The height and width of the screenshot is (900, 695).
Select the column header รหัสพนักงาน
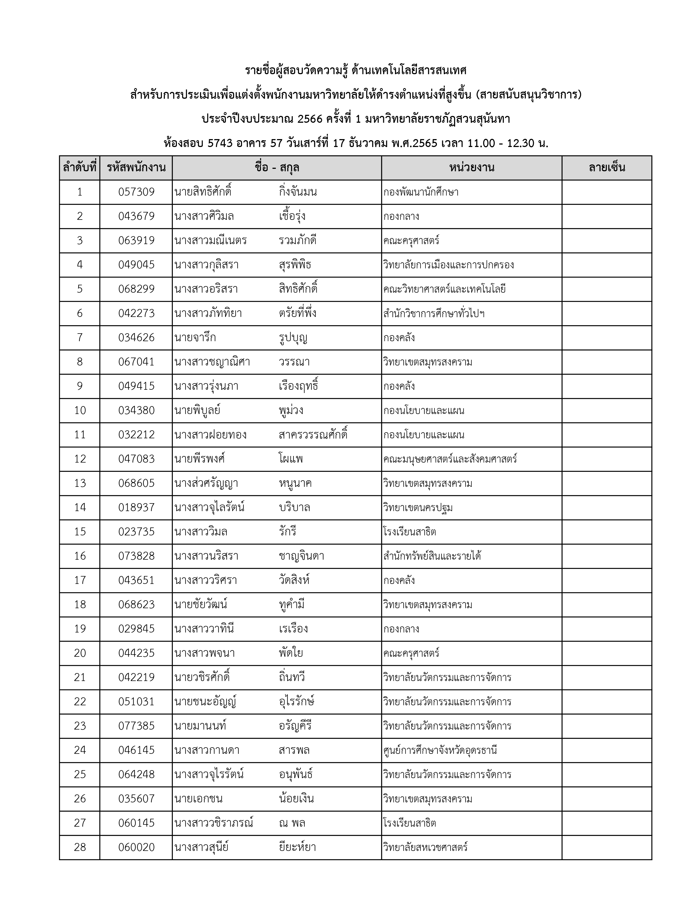pyautogui.click(x=136, y=168)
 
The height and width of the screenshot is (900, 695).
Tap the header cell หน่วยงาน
pyautogui.click(x=472, y=168)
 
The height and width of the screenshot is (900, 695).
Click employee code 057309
pyautogui.click(x=136, y=192)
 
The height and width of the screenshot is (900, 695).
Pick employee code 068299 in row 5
pyautogui.click(x=136, y=289)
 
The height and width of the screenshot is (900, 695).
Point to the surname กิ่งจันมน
pyautogui.click(x=298, y=192)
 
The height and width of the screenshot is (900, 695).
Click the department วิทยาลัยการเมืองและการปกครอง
pyautogui.click(x=448, y=265)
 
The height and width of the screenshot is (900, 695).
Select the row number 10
pyautogui.click(x=80, y=410)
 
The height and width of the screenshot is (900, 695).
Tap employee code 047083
pyautogui.click(x=136, y=459)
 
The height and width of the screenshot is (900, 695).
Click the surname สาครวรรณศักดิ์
pyautogui.click(x=313, y=435)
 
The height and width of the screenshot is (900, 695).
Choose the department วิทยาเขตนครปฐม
pyautogui.click(x=418, y=508)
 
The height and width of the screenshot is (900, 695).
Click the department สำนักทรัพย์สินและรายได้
pyautogui.click(x=432, y=556)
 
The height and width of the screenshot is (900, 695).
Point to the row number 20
pyautogui.click(x=80, y=653)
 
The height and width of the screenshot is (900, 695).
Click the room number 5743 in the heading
pyautogui.click(x=220, y=143)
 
